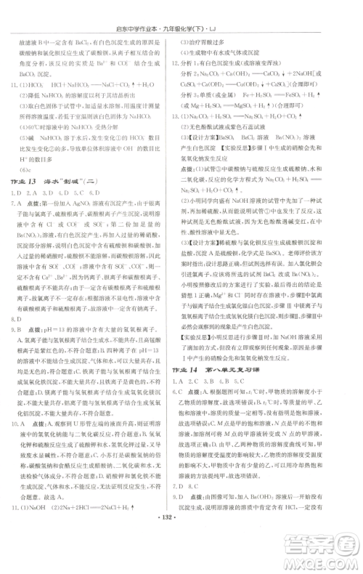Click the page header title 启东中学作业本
141,9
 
